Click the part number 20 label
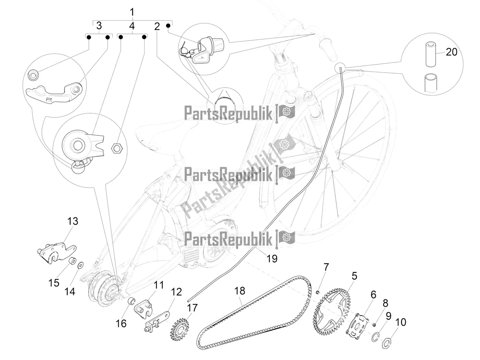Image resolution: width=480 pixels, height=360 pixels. pos(451,52)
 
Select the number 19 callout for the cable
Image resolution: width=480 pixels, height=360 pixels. pos(272,259)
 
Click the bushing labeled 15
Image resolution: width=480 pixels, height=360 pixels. pos(72,262)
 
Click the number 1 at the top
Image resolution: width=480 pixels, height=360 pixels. pos(132,12)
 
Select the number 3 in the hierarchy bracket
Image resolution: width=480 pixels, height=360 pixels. pos(98,26)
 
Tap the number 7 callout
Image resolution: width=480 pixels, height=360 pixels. pos(326,266)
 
